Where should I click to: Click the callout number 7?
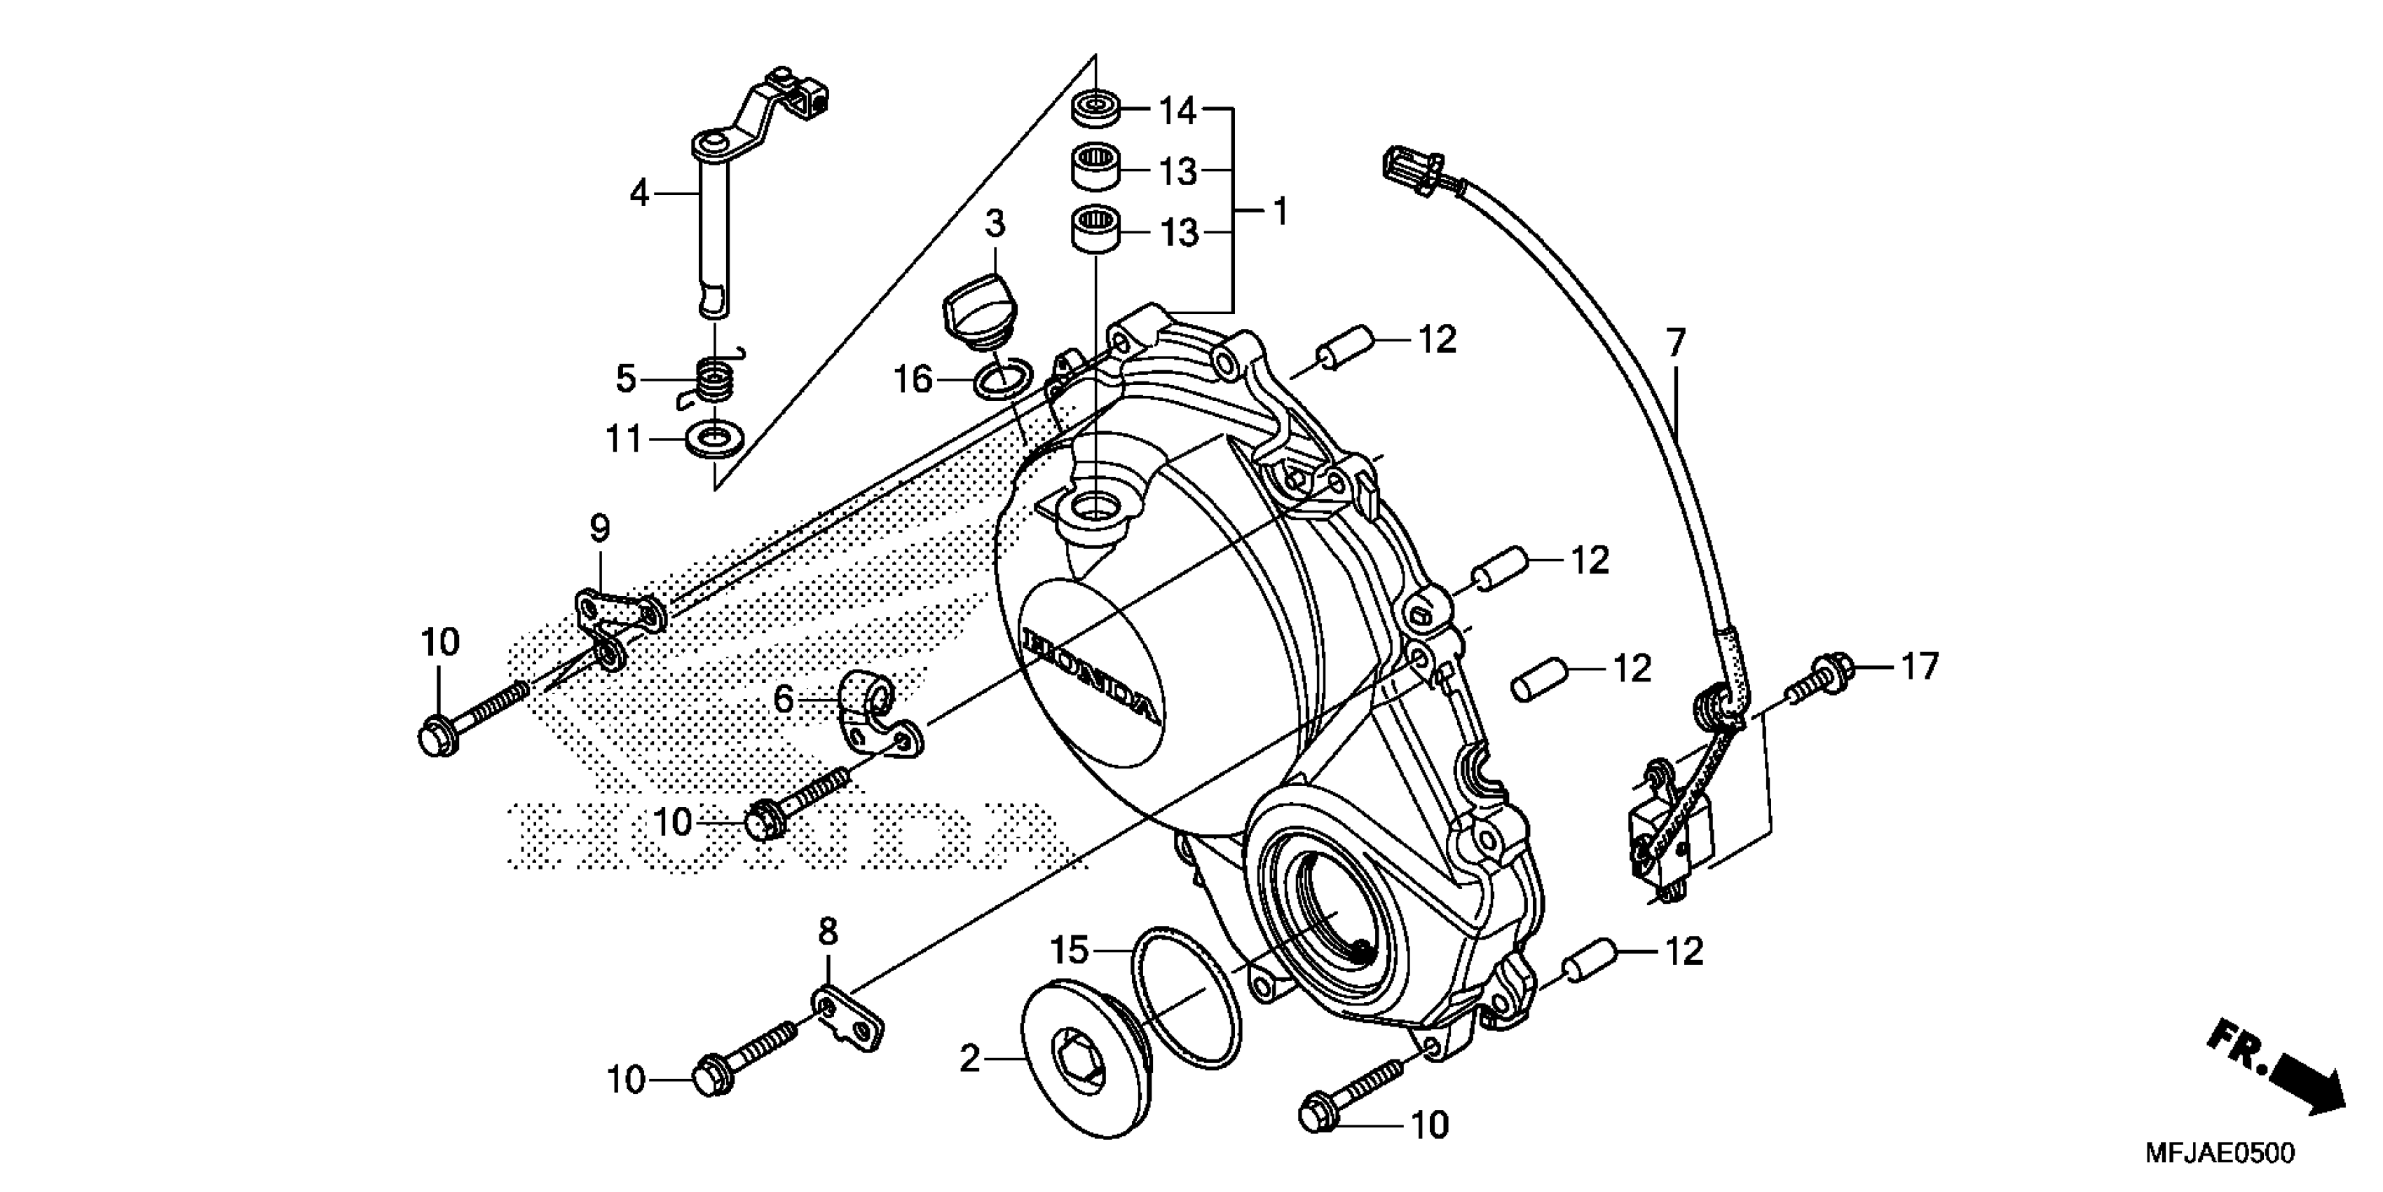tap(1677, 342)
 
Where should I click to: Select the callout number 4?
tap(639, 194)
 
